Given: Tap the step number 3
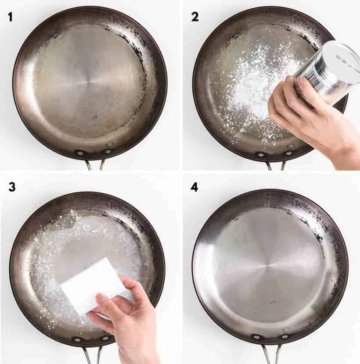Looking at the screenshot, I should pos(12,186).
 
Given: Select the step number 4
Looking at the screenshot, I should pos(194,186).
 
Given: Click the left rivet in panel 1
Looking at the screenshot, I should pos(80,153).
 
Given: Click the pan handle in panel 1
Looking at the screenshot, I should pos(95,165).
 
